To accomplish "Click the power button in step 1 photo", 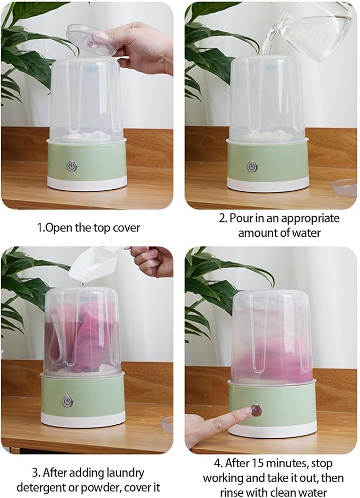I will click(x=72, y=166).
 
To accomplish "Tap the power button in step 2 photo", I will click(x=252, y=166).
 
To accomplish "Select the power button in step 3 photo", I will click(x=67, y=402).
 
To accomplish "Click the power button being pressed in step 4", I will click(x=257, y=410).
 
